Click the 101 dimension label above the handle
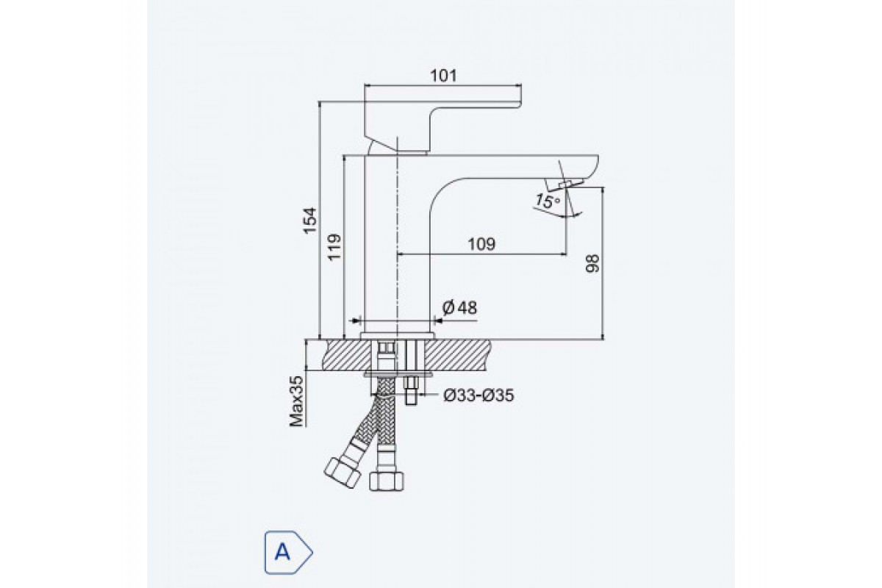tap(444, 76)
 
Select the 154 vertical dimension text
tap(310, 220)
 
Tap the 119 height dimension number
tap(334, 247)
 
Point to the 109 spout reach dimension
tap(481, 244)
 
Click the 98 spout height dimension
tap(592, 263)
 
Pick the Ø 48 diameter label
tap(459, 307)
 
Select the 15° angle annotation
tap(547, 201)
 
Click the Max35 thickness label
tap(297, 401)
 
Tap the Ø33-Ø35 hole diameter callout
tap(478, 395)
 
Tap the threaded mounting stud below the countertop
tap(412, 391)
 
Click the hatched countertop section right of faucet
tap(459, 355)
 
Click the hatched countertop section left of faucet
tap(346, 355)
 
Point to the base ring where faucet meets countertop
tap(398, 336)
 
